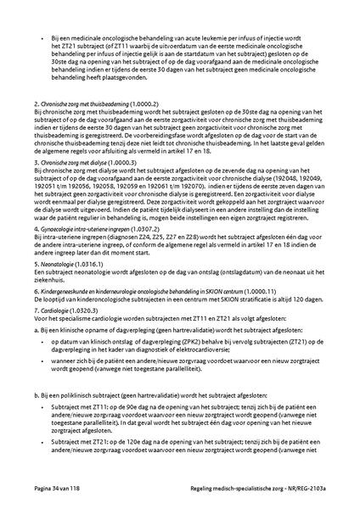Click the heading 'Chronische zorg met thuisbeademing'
[x=71, y=126]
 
